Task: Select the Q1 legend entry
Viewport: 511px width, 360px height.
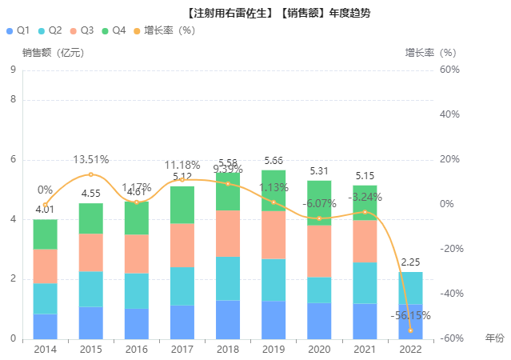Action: tap(18, 30)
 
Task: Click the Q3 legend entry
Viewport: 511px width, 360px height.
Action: tap(82, 30)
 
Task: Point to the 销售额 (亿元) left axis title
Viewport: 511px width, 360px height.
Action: tap(53, 53)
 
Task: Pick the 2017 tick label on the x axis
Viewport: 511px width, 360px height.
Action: tap(182, 350)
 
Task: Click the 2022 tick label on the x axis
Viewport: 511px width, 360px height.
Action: tap(410, 350)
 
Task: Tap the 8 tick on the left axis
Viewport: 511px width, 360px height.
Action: tap(13, 100)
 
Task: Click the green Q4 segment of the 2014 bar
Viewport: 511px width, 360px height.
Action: tap(45, 234)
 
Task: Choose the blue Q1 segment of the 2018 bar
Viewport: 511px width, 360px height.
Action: tap(228, 319)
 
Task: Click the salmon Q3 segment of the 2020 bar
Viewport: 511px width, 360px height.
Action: tap(319, 251)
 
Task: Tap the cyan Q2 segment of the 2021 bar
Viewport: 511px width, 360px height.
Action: tap(365, 282)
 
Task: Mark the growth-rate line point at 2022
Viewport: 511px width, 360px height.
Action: tap(410, 330)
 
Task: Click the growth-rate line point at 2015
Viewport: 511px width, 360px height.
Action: tap(90, 174)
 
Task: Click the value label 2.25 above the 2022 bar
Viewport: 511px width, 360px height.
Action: tap(410, 262)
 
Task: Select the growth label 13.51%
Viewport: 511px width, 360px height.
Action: tap(90, 160)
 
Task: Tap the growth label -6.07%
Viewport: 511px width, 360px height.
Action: tap(319, 203)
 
